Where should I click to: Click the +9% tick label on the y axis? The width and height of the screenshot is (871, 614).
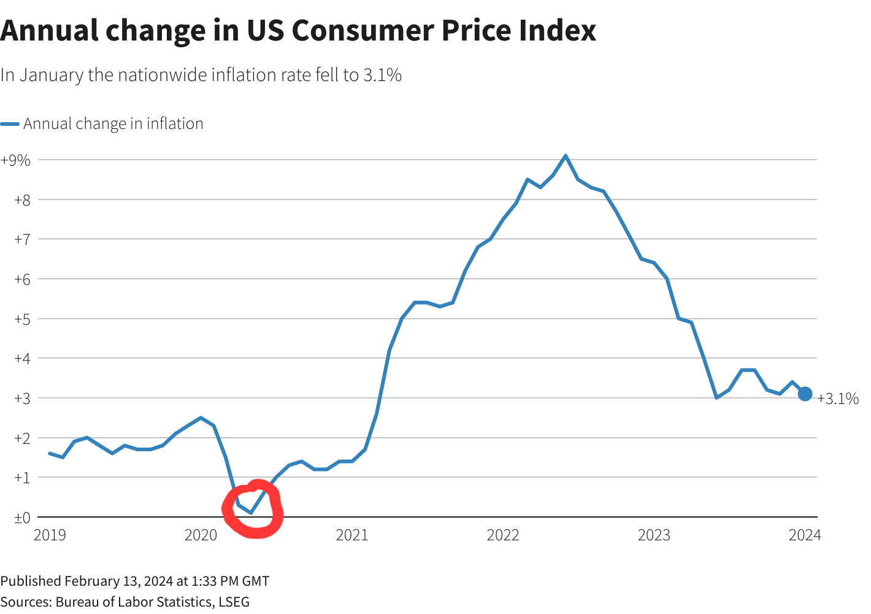[16, 160]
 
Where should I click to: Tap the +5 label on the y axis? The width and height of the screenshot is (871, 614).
[22, 319]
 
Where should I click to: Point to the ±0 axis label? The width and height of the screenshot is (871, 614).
[22, 518]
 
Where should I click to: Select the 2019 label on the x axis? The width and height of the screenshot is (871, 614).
[50, 535]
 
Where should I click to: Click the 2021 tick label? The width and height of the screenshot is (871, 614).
[352, 535]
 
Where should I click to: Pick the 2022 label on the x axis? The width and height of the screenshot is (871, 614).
[503, 535]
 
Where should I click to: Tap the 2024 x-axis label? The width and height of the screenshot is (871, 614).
[805, 535]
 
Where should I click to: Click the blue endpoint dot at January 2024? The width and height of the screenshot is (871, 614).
[805, 394]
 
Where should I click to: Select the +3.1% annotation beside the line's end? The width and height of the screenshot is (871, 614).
[838, 399]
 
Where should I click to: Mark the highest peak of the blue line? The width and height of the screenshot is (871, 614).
[565, 155]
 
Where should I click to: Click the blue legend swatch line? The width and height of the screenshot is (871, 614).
[10, 124]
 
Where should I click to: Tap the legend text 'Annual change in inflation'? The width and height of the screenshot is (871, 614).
[113, 124]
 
